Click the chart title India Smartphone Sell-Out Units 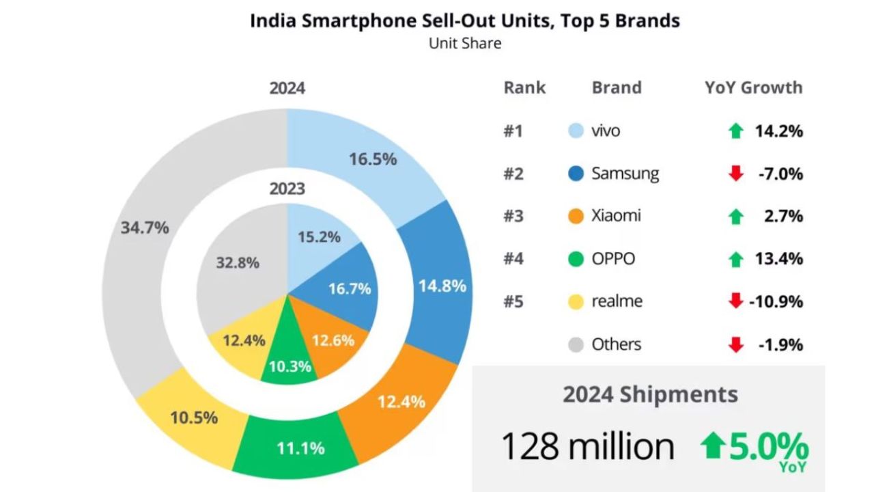point(464,20)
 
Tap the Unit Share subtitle point(464,43)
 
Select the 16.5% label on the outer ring point(373,159)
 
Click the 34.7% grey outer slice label point(144,228)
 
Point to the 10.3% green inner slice point(290,366)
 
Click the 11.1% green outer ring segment point(300,448)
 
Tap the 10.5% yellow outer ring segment point(194,417)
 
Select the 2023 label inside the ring point(287,189)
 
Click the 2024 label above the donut point(287,89)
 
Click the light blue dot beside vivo point(576,131)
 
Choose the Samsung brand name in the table point(625,174)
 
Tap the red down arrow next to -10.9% point(735,301)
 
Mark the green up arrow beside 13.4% point(735,260)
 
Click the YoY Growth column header point(753,87)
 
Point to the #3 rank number point(513,217)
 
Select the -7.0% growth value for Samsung point(780,174)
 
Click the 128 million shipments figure point(587,446)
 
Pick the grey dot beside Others point(576,344)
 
